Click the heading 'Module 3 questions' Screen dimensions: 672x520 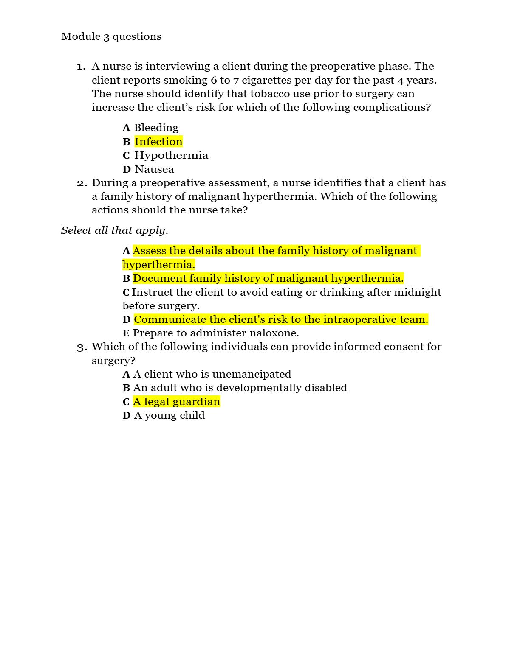tap(111, 36)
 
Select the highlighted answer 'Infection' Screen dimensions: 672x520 tap(158, 142)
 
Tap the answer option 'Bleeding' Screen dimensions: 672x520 tap(156, 128)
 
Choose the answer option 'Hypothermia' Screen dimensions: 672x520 tap(171, 155)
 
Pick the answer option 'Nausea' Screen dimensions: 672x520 tap(154, 169)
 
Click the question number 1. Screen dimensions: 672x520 tap(81, 67)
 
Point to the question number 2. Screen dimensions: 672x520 tap(82, 183)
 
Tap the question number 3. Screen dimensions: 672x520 tap(82, 347)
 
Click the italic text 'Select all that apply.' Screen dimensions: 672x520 tap(114, 230)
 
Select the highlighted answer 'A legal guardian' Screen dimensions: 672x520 tap(176, 402)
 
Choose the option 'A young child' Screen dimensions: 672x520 tap(169, 415)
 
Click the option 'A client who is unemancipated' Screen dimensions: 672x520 tap(212, 374)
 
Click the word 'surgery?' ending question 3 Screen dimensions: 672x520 tap(113, 361)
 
